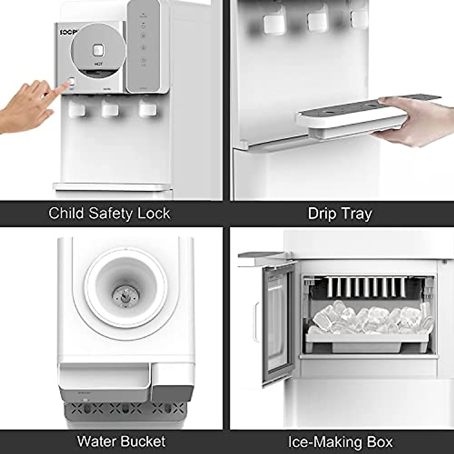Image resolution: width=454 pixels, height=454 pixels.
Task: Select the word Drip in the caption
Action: tap(322, 213)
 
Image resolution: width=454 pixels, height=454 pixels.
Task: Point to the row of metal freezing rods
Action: tap(365, 288)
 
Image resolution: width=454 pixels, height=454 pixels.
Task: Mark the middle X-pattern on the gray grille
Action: tap(125, 408)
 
